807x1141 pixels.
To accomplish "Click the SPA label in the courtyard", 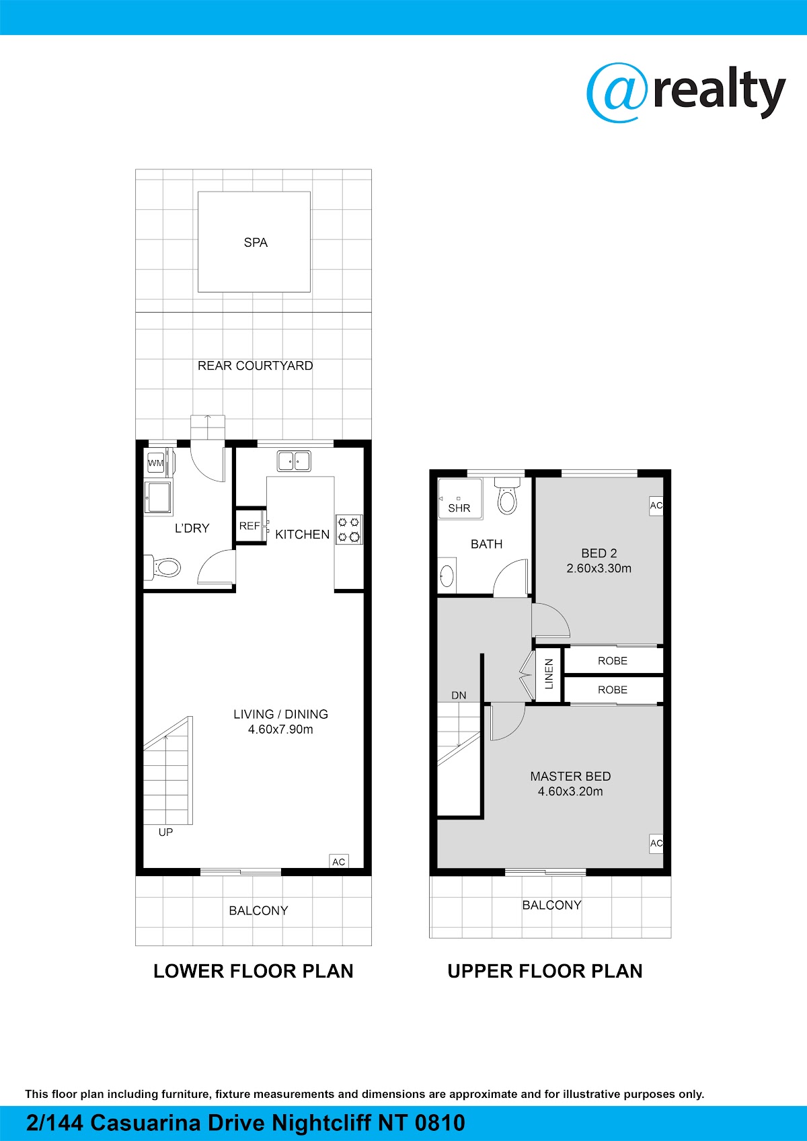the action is pos(256,243).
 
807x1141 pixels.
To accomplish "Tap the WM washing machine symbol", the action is pos(156,463).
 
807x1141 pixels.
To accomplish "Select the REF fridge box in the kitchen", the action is pos(250,526).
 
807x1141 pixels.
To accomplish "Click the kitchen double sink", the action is pos(294,461).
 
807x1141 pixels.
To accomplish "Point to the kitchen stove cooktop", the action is pos(349,529).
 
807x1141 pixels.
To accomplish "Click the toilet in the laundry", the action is pos(162,567).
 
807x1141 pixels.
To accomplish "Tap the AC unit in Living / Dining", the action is pos(339,861).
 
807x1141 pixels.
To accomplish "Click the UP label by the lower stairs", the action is pos(165,832).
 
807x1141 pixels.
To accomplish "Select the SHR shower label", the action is pos(459,508).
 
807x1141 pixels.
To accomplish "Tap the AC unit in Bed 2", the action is pos(656,506).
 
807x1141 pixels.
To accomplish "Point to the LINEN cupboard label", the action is pos(549,674).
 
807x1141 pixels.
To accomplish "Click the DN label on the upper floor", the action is pos(459,695).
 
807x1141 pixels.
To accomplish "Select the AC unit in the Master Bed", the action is pos(656,844).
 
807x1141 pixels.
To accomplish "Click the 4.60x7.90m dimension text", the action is pos(280,730).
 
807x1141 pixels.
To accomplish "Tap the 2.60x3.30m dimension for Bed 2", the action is pos(599,568).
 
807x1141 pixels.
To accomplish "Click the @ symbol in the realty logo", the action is pos(618,92).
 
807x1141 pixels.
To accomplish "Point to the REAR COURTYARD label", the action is pos(256,366).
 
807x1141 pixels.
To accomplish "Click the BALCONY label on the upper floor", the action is pos(551,905).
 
